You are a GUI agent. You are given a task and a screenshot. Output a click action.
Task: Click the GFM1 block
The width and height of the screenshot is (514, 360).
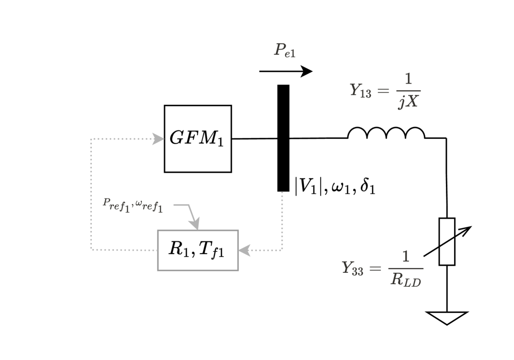click(197, 139)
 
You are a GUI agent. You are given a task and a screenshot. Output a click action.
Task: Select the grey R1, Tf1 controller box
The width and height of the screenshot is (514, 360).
click(197, 250)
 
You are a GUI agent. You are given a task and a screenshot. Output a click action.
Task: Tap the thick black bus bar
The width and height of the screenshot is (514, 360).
click(283, 138)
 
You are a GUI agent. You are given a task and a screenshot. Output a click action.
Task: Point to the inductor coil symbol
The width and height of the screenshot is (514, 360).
click(386, 133)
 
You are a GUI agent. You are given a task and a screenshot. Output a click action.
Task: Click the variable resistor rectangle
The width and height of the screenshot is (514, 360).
click(446, 241)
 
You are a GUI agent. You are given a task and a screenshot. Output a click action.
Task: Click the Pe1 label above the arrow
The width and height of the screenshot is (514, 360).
click(285, 51)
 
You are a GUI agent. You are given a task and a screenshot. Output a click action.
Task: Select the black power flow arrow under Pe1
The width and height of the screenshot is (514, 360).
click(286, 71)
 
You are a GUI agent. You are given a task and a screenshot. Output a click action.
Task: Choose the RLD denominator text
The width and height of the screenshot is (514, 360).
click(406, 280)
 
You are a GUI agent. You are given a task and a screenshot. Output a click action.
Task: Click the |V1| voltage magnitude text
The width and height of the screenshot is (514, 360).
click(305, 185)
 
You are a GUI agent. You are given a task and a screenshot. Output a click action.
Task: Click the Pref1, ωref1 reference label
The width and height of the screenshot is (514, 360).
click(134, 204)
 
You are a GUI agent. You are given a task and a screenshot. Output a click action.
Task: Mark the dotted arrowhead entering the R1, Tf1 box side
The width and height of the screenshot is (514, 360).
click(243, 250)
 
